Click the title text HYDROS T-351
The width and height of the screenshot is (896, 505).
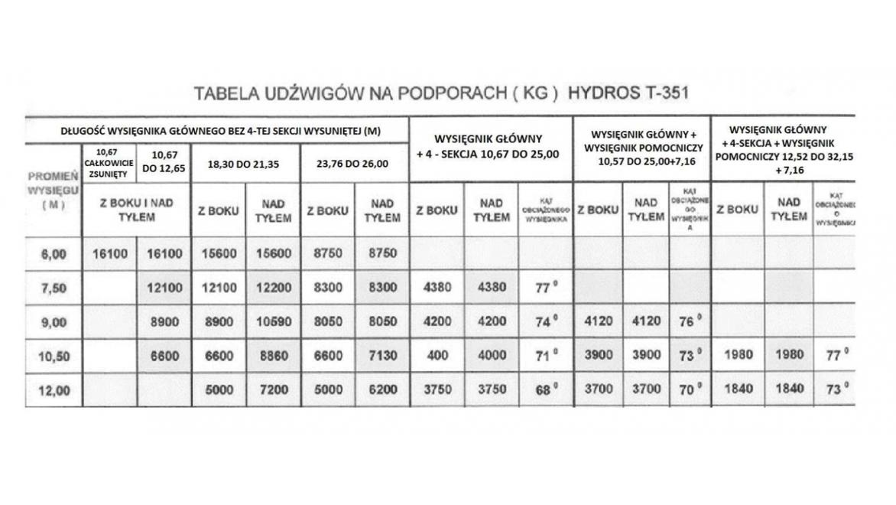[629, 93]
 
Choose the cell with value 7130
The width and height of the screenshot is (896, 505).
[381, 355]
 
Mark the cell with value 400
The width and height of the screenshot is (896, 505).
[437, 355]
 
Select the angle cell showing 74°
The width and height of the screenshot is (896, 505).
[544, 322]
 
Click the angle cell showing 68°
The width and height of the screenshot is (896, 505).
[544, 389]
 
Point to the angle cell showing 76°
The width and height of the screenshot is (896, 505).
[689, 322]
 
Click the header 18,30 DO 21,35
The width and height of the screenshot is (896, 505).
[245, 163]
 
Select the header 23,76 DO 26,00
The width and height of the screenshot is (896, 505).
[354, 163]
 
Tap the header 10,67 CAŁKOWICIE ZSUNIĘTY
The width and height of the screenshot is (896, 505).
[109, 163]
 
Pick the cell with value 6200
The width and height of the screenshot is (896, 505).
[381, 389]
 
